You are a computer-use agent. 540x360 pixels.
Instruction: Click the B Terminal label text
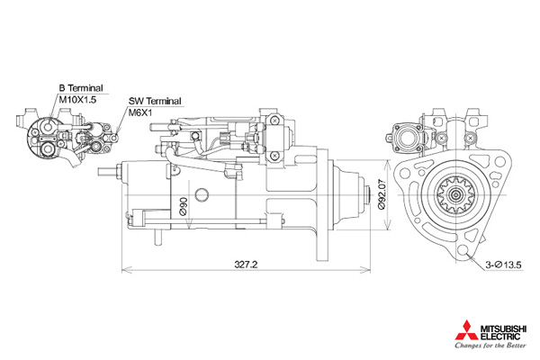point(81,88)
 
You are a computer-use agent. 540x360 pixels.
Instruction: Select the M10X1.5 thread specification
point(77,100)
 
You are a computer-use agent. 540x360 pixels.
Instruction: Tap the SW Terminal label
point(155,102)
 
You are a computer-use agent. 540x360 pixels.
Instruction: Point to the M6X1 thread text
point(140,112)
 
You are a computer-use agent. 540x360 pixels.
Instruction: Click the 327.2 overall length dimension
point(246,265)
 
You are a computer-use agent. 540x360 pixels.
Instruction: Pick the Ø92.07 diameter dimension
point(382,194)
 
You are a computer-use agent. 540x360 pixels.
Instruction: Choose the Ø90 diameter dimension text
point(184,206)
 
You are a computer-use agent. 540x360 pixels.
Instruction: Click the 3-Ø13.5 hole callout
point(503,265)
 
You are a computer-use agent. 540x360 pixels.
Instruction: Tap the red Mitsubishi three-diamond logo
point(466,330)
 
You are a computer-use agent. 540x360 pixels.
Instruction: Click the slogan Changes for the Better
point(490,346)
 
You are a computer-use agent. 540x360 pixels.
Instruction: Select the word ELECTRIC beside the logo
point(500,337)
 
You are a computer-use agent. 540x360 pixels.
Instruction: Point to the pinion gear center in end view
point(456,195)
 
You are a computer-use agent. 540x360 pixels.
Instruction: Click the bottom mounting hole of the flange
point(463,251)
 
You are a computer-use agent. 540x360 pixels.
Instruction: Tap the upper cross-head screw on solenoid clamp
point(274,121)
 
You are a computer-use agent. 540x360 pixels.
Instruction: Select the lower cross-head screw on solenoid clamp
point(274,156)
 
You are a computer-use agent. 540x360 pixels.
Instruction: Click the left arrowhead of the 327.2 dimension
point(122,269)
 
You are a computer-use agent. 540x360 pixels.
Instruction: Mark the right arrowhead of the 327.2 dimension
point(370,269)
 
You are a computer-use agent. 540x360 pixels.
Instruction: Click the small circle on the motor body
point(202,194)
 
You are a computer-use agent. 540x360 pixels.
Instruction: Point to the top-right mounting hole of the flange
point(500,161)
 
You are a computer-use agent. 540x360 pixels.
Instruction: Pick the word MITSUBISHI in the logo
point(503,329)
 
